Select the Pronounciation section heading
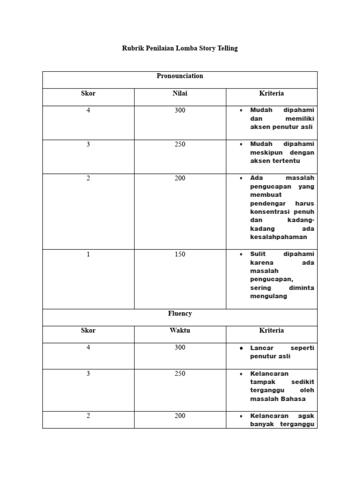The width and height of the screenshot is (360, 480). pos(180,76)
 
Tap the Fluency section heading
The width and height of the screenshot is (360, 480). pos(180,314)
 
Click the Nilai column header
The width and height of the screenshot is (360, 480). pos(180,93)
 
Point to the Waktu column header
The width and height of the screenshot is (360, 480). pos(180,330)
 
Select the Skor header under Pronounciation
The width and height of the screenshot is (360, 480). pos(88,93)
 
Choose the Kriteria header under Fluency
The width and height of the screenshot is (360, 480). pos(271,330)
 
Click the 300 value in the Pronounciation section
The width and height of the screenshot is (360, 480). pos(180,111)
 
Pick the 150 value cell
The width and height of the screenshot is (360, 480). pos(180,255)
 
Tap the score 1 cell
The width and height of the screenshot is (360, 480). pos(88,255)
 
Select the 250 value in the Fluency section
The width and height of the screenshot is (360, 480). pos(180,374)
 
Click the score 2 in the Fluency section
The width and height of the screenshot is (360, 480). pos(88,416)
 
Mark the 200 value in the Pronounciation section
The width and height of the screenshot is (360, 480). pos(180,178)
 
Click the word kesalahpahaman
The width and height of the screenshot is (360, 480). pos(278,237)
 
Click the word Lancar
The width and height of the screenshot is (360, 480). pos(262,348)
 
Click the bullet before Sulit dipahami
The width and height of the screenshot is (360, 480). pos(241,255)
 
